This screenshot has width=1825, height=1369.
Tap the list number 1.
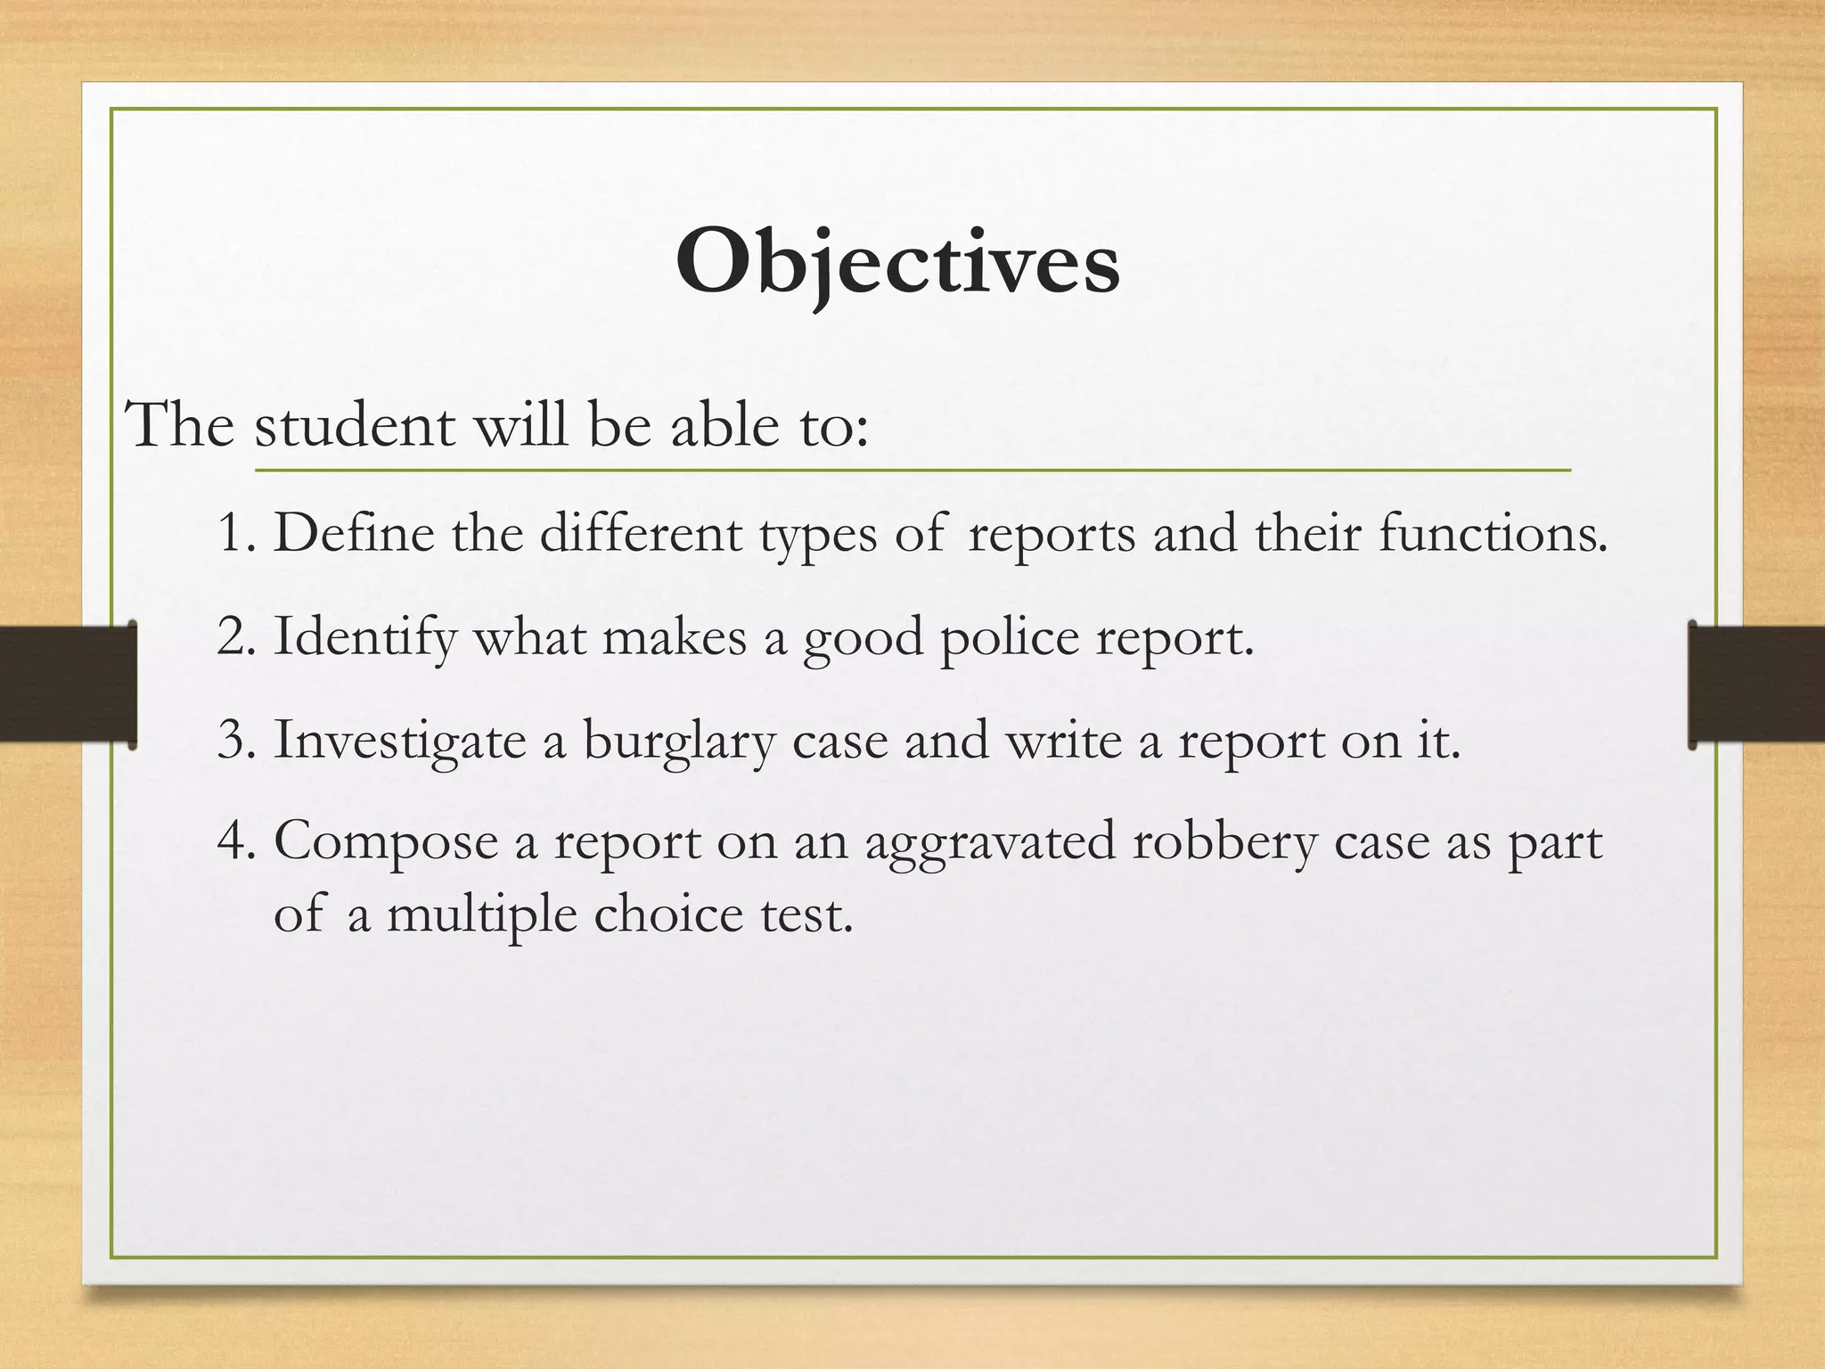click(234, 534)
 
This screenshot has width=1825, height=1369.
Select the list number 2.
click(235, 637)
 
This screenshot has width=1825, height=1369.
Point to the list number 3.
click(235, 740)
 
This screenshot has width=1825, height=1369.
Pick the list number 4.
click(235, 841)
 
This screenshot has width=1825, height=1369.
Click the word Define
click(353, 534)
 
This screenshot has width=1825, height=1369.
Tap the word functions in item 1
click(1494, 534)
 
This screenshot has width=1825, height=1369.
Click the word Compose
click(386, 843)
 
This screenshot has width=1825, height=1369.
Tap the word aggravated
click(990, 843)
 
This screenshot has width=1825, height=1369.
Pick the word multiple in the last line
click(481, 916)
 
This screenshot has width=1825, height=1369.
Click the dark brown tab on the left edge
click(67, 684)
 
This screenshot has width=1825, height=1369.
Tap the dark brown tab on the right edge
click(1757, 684)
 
